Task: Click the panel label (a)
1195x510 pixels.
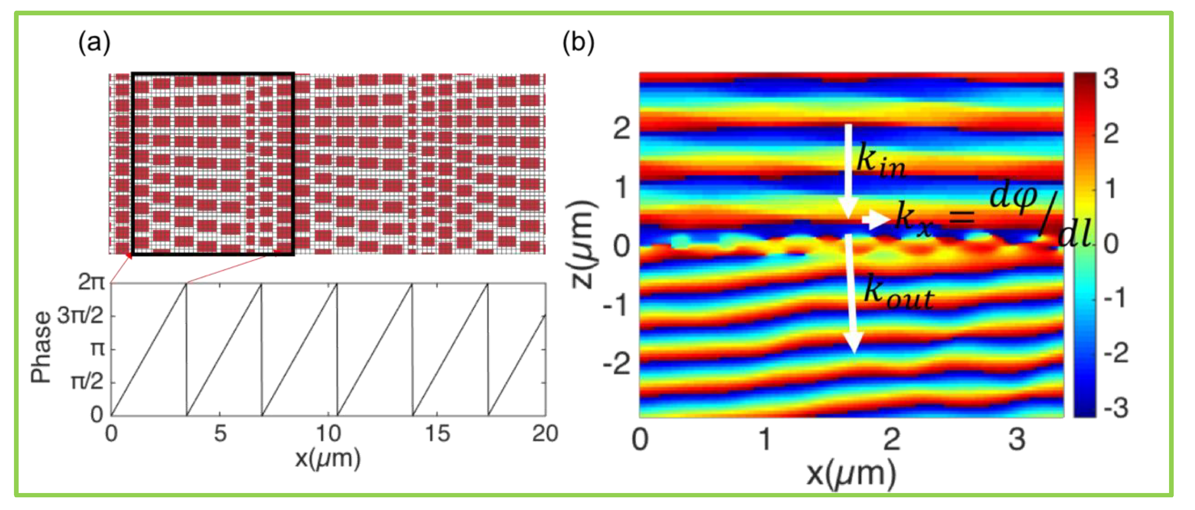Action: [94, 43]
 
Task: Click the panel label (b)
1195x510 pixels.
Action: [578, 43]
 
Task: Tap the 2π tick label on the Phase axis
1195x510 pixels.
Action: [92, 282]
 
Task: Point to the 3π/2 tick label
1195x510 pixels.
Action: [80, 316]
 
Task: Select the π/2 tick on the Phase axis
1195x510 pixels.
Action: [87, 382]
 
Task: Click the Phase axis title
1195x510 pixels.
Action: [41, 347]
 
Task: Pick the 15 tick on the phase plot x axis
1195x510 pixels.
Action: [438, 434]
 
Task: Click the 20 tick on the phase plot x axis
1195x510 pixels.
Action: [545, 434]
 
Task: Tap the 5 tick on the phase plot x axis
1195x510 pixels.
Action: [220, 434]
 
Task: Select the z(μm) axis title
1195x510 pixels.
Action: [582, 245]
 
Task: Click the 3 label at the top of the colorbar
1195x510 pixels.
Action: [1111, 79]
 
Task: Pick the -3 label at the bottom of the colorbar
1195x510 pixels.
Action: [1116, 408]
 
